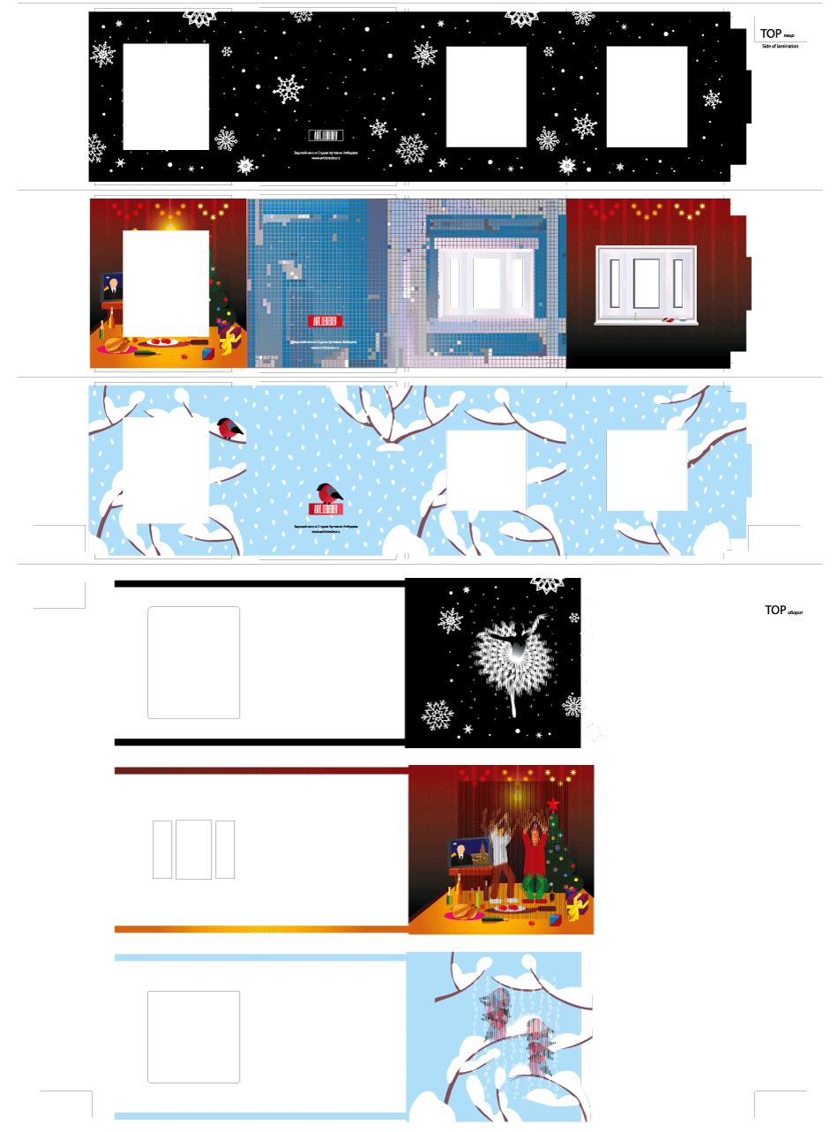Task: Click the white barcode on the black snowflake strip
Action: [325, 135]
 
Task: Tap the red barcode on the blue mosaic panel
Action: [325, 322]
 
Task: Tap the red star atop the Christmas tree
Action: [553, 805]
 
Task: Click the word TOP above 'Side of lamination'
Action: [770, 34]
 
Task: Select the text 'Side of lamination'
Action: [780, 46]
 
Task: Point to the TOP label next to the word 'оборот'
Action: [774, 610]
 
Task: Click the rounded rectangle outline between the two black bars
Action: [194, 662]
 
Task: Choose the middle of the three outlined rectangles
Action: [193, 850]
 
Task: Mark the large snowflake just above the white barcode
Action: [288, 88]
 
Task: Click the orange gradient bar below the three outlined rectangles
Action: [261, 929]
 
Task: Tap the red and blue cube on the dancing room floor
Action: [555, 920]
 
